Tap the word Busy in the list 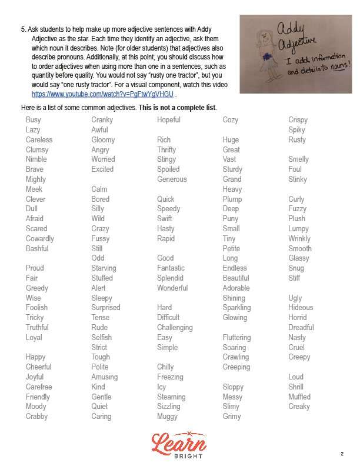(x=34, y=120)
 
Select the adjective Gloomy (x=103, y=140)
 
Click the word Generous (x=172, y=179)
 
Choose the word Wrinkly (x=299, y=239)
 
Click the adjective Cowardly (x=40, y=239)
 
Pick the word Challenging (x=175, y=328)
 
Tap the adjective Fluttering (x=236, y=338)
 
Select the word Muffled (x=299, y=397)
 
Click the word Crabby (x=37, y=417)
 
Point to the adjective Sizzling (x=169, y=407)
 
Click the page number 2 (x=342, y=454)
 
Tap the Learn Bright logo (x=179, y=444)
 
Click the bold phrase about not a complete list (x=178, y=108)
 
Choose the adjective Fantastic (x=171, y=268)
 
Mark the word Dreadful (x=301, y=328)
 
